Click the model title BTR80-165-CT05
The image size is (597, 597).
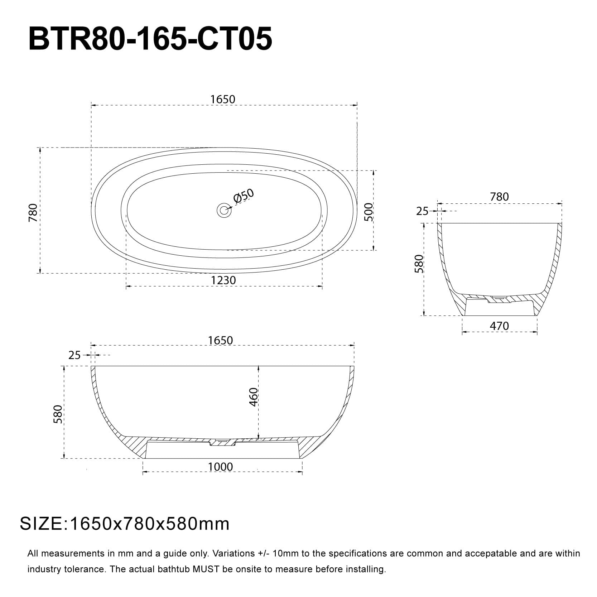point(150,39)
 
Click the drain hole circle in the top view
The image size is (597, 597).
point(224,210)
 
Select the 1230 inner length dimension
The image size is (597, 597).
point(223,280)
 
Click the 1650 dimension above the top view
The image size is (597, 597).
point(223,99)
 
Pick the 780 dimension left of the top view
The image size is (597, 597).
point(33,212)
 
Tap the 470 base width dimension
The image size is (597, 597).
point(499,326)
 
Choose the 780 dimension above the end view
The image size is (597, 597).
point(499,197)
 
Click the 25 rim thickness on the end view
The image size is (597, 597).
point(422,211)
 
